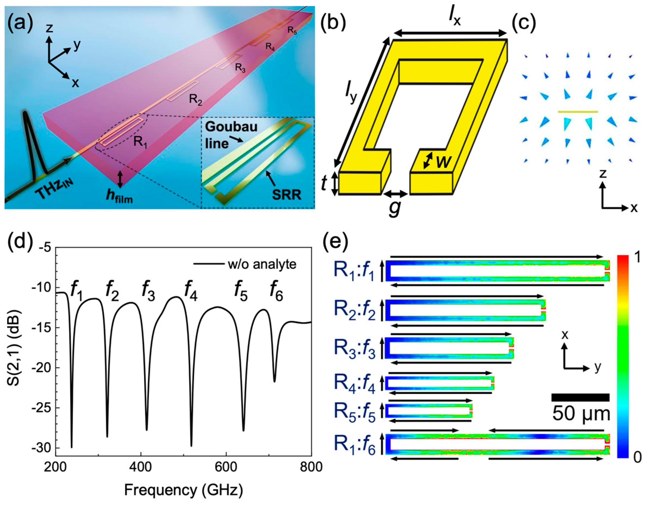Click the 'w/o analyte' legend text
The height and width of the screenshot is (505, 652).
point(262,264)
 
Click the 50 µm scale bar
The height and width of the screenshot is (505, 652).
point(580,397)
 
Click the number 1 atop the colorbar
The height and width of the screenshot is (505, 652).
point(637,258)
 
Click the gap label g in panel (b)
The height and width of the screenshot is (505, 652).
point(395,208)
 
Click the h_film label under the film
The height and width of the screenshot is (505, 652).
point(120,197)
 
